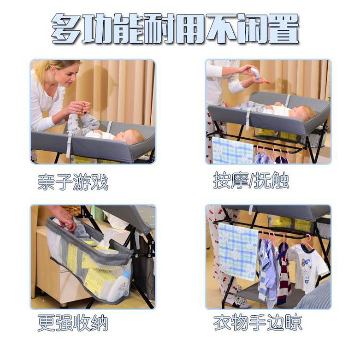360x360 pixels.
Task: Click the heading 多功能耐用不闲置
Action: (x=175, y=28)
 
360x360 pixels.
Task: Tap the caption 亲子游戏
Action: (x=73, y=182)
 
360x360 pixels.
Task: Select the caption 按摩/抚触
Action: (x=251, y=180)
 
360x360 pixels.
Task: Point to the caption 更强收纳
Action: (x=73, y=323)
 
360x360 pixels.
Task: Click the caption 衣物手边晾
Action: (x=258, y=323)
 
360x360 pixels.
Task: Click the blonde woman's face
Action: (x=68, y=74)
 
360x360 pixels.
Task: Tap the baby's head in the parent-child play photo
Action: (x=129, y=137)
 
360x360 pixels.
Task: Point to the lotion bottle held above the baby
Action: (x=255, y=73)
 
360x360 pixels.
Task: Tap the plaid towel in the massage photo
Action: (x=233, y=150)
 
